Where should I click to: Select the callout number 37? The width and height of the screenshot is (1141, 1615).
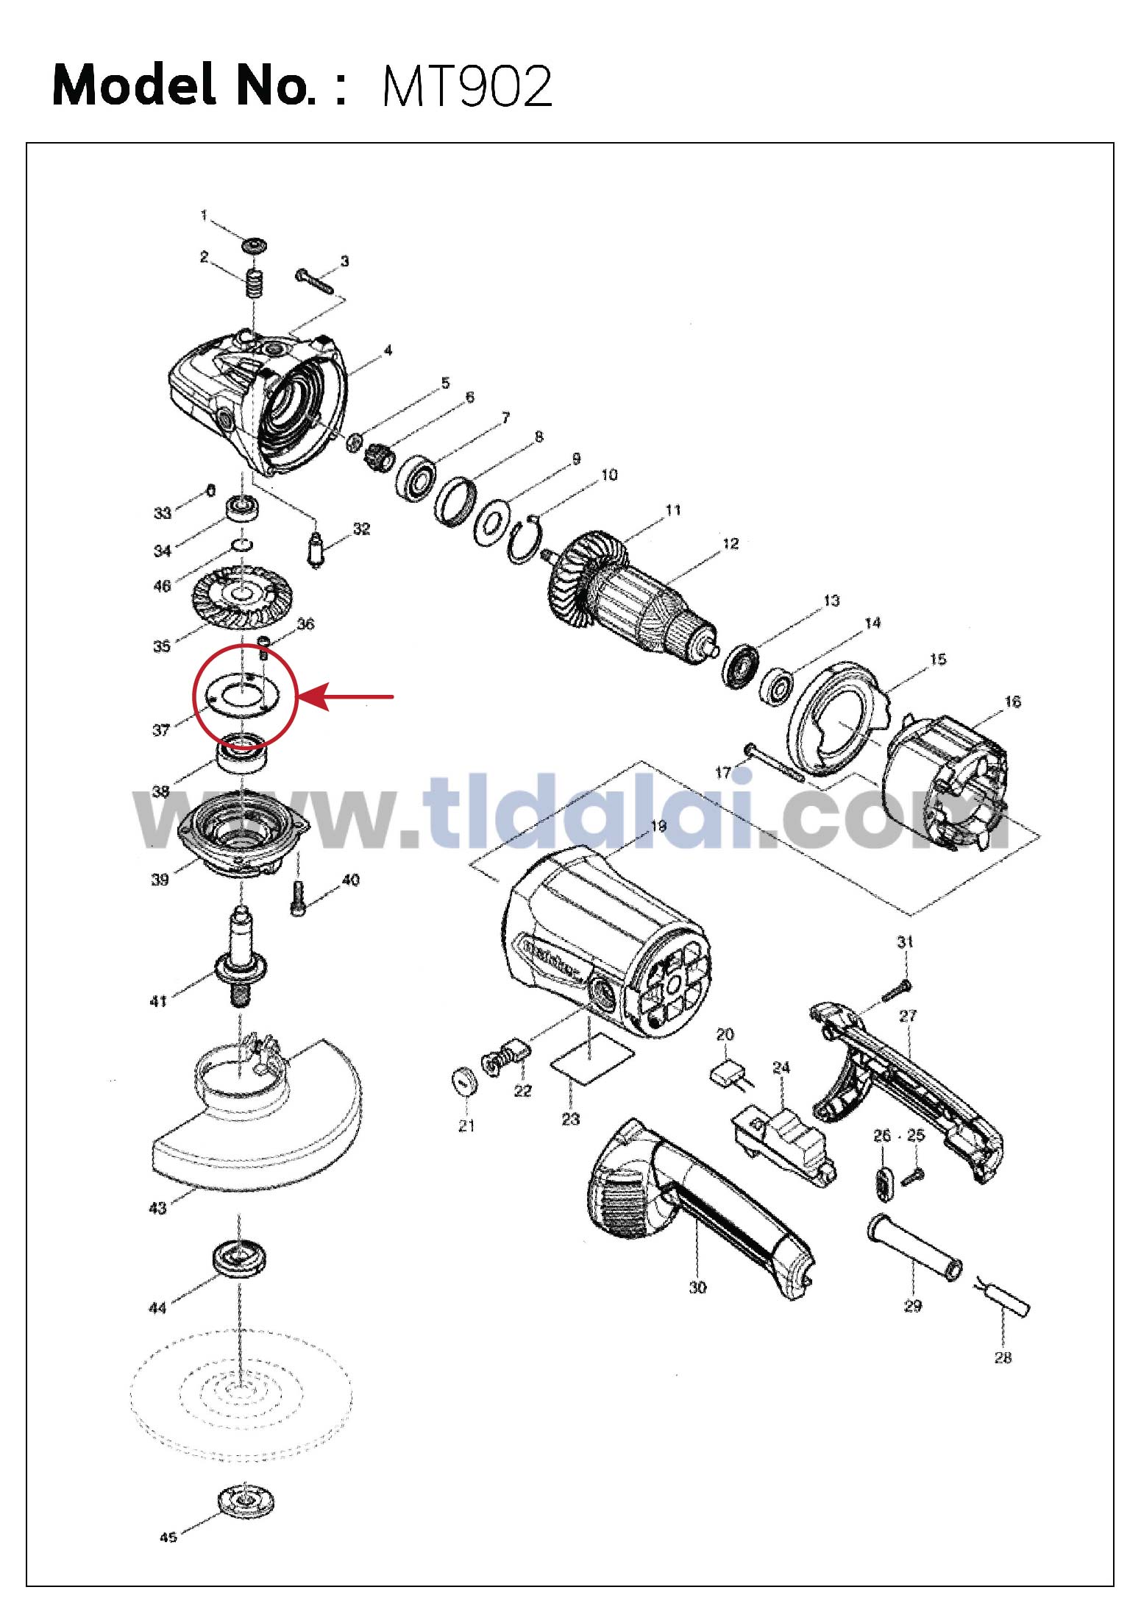pos(161,730)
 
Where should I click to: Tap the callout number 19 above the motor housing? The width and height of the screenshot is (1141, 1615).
pos(658,826)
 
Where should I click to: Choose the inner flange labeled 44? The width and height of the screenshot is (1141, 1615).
pos(239,1259)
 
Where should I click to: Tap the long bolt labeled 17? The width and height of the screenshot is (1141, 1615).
pos(774,762)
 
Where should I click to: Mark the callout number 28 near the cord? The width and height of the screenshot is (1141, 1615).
pos(1003,1358)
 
